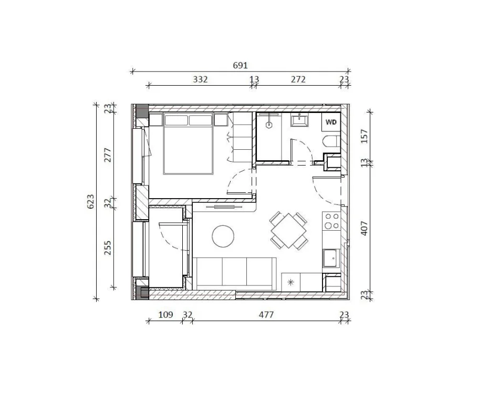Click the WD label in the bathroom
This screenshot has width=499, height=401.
coord(331,122)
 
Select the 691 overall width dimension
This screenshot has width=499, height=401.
coord(240,66)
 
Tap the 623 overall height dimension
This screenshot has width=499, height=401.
coord(90,202)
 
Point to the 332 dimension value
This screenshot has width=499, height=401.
coord(200,80)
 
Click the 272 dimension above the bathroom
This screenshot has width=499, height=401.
coord(298,80)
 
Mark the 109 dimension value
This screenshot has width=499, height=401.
coord(165,315)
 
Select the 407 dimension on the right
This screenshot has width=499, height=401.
coord(364,227)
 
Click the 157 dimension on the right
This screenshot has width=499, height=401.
coord(364,136)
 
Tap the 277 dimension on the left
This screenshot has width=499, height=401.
coord(108,155)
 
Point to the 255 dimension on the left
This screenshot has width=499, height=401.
coord(108,248)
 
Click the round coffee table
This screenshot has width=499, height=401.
coord(224,237)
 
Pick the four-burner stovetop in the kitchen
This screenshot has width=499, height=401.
coord(331,221)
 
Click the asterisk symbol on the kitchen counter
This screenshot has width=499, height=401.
coord(291,282)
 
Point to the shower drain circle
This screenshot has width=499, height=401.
coord(269,125)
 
